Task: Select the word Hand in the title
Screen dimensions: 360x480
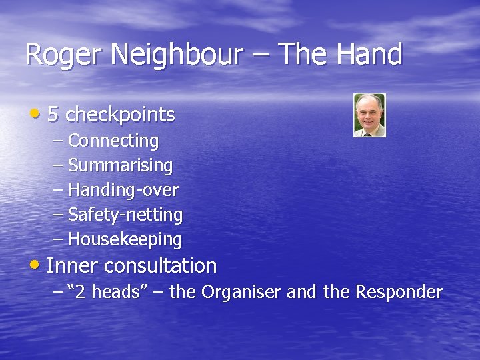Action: [x=369, y=55]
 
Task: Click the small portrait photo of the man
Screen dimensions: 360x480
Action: [x=369, y=115]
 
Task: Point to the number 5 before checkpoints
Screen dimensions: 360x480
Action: [x=53, y=115]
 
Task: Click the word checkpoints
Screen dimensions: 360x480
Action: [x=120, y=115]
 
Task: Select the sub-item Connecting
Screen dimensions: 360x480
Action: [x=113, y=141]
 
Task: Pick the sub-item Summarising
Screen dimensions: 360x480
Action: [x=120, y=165]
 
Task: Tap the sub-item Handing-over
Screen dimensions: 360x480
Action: [x=123, y=190]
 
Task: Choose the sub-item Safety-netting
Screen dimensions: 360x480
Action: [x=125, y=215]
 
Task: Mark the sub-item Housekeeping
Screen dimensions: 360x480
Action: [x=125, y=239]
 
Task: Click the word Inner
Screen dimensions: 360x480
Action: [x=73, y=266]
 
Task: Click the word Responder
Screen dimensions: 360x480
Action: [x=399, y=292]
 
